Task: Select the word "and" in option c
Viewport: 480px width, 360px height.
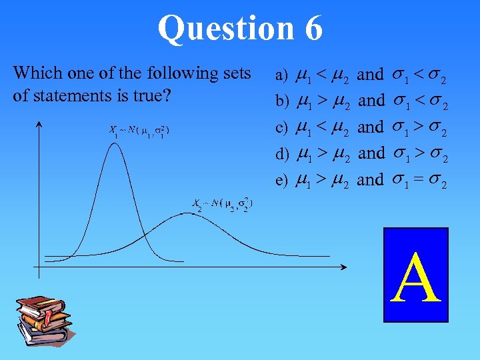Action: coord(371,127)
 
